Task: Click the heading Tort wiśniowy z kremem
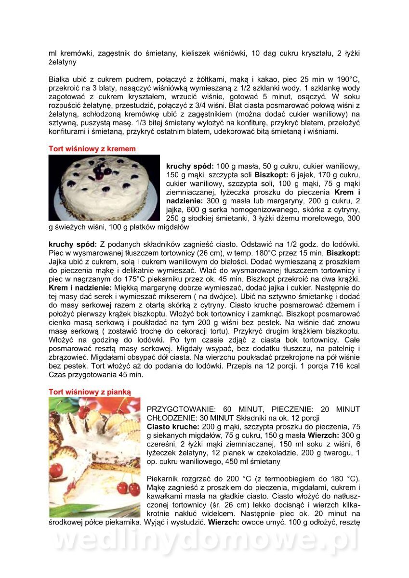coord(92,149)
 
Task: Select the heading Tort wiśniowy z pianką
coord(90,392)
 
